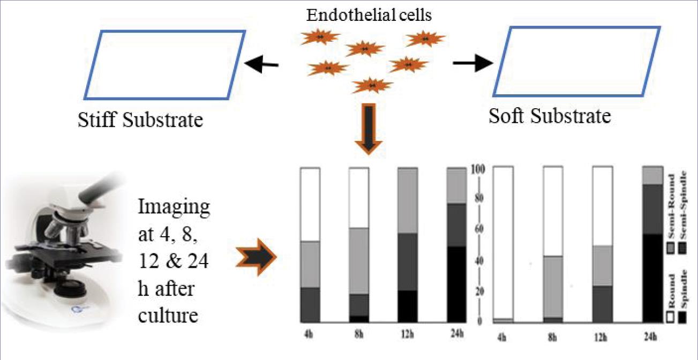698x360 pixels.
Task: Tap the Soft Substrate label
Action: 550,116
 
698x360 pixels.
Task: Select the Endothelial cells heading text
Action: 369,14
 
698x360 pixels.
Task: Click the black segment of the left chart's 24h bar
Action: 456,284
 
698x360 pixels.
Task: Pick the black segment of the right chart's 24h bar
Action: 652,278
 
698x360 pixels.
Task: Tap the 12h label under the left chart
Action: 407,335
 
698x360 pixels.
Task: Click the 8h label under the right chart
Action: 553,337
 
